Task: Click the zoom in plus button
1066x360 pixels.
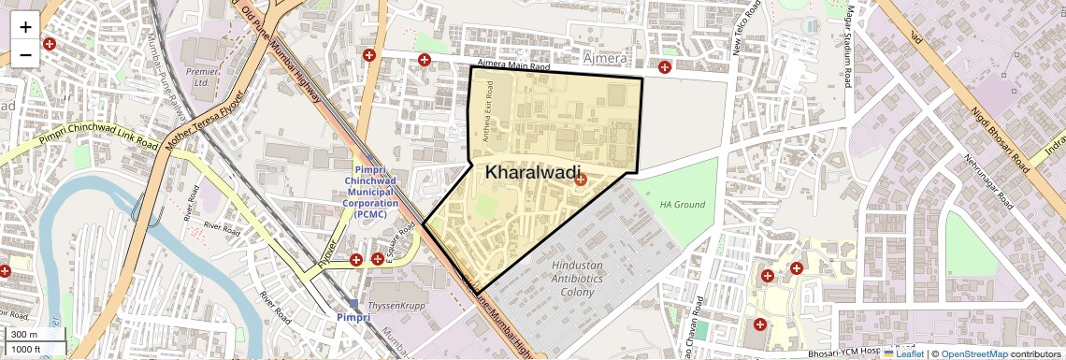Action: coord(25,26)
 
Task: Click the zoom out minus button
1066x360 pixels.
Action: coord(25,55)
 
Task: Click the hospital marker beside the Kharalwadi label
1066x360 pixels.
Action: coord(581,179)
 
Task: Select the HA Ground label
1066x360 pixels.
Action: coord(682,204)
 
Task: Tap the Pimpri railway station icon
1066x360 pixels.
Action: coord(353,304)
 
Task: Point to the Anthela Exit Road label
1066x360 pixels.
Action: coord(487,111)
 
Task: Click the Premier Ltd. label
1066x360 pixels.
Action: coord(201,77)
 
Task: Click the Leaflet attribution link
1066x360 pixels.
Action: coord(902,354)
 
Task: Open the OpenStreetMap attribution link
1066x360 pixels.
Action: coord(973,354)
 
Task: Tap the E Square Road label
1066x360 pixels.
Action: coord(400,244)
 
